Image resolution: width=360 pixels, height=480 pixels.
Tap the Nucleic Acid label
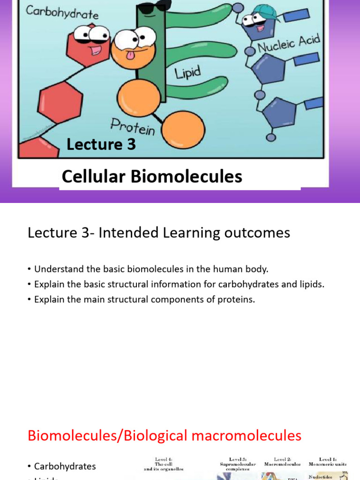point(289,44)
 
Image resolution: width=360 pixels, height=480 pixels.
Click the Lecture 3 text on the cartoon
point(101,144)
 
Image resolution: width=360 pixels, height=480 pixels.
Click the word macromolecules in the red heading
point(238,435)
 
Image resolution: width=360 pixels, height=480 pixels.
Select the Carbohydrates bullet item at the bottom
point(65,466)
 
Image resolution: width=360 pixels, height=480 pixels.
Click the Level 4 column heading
point(164,464)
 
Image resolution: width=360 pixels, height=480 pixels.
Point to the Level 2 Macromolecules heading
point(282,462)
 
